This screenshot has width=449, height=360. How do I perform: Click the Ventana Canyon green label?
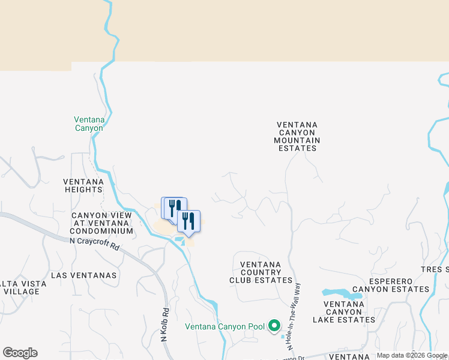pos(89,124)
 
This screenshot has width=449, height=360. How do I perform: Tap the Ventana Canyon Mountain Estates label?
pos(297,136)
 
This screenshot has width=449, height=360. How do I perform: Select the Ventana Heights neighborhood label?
pos(83,185)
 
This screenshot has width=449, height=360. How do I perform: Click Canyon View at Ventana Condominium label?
pos(101,223)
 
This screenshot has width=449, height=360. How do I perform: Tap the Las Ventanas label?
pos(84,275)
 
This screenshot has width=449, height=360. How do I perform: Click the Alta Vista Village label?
pos(20,287)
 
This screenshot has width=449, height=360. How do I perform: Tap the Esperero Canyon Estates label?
pos(391,285)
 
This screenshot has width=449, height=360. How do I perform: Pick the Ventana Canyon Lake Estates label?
pos(344,312)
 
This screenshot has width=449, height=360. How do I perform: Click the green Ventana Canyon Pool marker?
pos(274,326)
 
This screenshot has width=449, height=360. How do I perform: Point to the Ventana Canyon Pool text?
pos(224,327)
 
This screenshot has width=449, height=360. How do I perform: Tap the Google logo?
pos(20,353)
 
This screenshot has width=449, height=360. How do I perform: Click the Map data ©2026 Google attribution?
pos(412,355)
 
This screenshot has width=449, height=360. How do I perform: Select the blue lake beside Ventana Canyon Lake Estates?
pos(340,293)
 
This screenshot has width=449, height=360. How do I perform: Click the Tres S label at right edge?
pos(437,269)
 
